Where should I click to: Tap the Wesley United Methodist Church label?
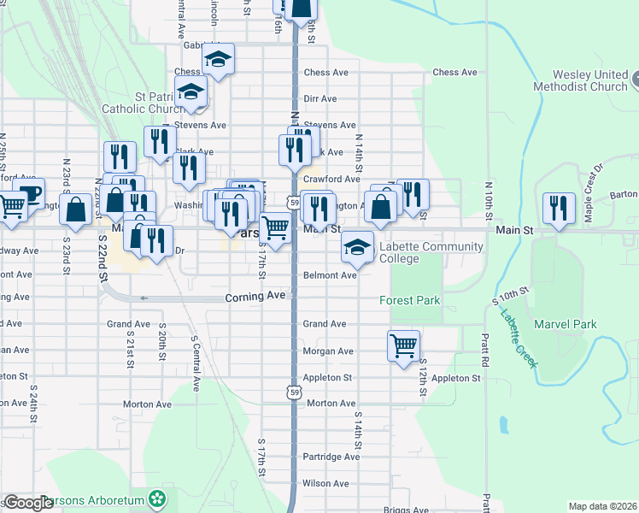click(579, 81)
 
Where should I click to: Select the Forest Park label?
click(409, 300)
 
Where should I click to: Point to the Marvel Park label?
click(565, 324)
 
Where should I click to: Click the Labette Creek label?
click(515, 329)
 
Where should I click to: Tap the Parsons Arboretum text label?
click(101, 499)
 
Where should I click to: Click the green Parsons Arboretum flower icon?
click(157, 498)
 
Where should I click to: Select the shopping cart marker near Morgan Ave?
click(404, 346)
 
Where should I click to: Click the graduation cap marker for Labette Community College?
click(357, 248)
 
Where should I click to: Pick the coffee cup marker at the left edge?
click(29, 194)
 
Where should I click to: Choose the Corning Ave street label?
click(255, 297)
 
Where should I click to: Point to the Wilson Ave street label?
click(325, 483)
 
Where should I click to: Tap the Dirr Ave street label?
click(319, 99)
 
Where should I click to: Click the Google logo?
click(28, 503)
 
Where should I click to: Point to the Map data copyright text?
click(601, 506)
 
